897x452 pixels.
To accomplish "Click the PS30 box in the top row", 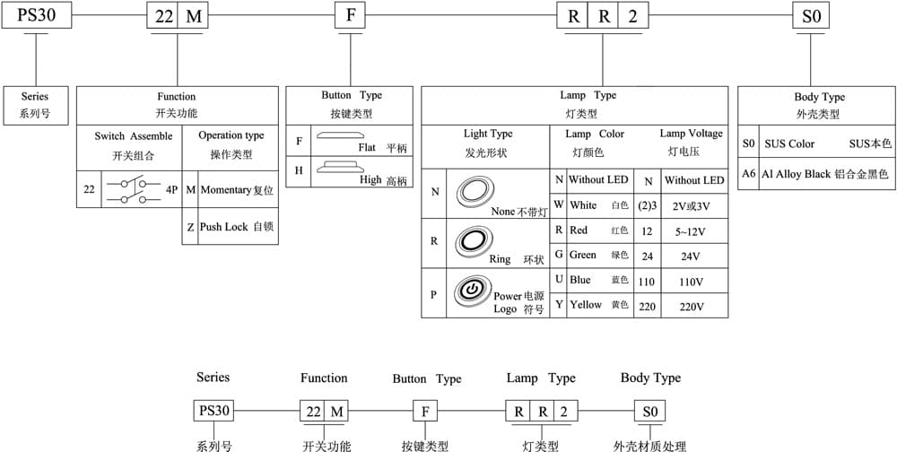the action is pyautogui.click(x=37, y=15).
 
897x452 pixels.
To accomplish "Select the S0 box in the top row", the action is pyautogui.click(x=811, y=15).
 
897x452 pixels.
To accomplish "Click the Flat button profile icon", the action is pyautogui.click(x=340, y=136).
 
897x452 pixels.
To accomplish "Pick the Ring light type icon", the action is pyautogui.click(x=473, y=240).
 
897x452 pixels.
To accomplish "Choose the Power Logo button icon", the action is pyautogui.click(x=472, y=291).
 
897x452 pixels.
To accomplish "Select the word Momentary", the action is pyautogui.click(x=225, y=190).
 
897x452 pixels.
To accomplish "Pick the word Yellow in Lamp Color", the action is pyautogui.click(x=586, y=304).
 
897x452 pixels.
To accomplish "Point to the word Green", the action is pyautogui.click(x=583, y=255).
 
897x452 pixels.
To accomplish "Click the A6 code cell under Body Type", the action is pyautogui.click(x=749, y=174).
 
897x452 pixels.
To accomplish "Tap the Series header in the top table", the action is pyautogui.click(x=35, y=97).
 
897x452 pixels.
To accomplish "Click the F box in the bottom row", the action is pyautogui.click(x=425, y=411).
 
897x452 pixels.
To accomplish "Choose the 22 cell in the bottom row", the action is pyautogui.click(x=312, y=411).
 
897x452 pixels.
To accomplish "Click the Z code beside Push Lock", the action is pyautogui.click(x=190, y=227).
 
